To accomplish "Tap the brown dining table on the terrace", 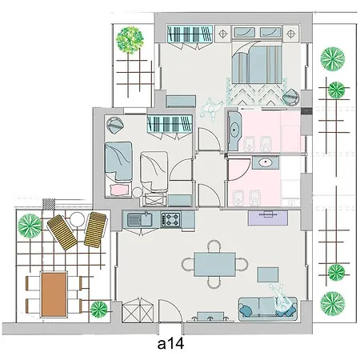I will [54, 294].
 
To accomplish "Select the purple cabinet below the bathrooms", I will [269, 214].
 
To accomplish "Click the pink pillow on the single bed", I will [119, 190].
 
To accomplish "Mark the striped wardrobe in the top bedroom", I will [191, 34].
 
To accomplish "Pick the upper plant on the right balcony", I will [331, 59].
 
